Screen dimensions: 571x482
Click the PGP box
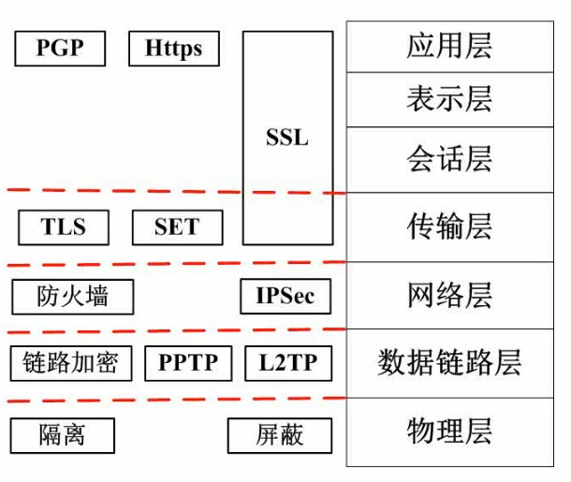(x=60, y=49)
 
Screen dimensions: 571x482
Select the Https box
(x=174, y=49)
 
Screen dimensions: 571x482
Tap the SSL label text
(x=287, y=138)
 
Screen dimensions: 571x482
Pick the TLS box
(x=64, y=227)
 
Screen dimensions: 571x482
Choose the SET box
(x=178, y=227)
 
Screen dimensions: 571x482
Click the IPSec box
(x=285, y=296)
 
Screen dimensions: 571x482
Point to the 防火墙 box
(x=73, y=297)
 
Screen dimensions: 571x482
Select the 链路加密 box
(x=71, y=363)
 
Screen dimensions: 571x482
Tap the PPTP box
(x=188, y=363)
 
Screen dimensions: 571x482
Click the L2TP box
(x=288, y=363)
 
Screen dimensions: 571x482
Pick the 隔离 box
(x=63, y=435)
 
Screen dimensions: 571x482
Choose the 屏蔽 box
(x=280, y=435)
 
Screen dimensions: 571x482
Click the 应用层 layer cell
(x=450, y=47)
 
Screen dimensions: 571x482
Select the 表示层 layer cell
(x=450, y=100)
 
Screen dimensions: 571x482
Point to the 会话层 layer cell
(x=450, y=160)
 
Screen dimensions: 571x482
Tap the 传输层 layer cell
(x=450, y=227)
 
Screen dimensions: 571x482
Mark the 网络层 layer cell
(x=450, y=295)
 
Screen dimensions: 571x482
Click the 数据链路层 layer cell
(x=450, y=363)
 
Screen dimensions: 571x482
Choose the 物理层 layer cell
(x=450, y=432)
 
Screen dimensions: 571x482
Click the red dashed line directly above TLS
(x=176, y=191)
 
